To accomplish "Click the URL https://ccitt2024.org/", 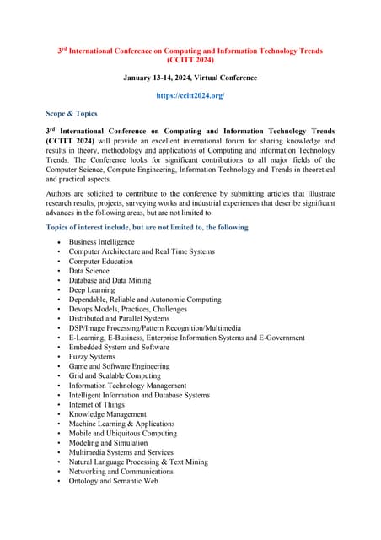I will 190,96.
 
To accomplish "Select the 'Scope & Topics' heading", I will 72,113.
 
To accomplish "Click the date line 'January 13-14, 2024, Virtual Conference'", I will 190,78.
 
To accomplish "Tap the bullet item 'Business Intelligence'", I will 101,242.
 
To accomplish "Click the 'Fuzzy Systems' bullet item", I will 92,357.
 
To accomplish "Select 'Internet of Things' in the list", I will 97,405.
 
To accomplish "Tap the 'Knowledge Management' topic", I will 107,414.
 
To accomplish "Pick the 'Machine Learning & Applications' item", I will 121,424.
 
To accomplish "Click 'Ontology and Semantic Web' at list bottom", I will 113,481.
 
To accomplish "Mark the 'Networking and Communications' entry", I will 121,472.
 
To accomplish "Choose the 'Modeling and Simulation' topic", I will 108,443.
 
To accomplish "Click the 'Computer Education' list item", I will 100,262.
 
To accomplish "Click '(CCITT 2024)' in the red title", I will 190,61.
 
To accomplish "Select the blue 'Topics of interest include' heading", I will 147,227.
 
